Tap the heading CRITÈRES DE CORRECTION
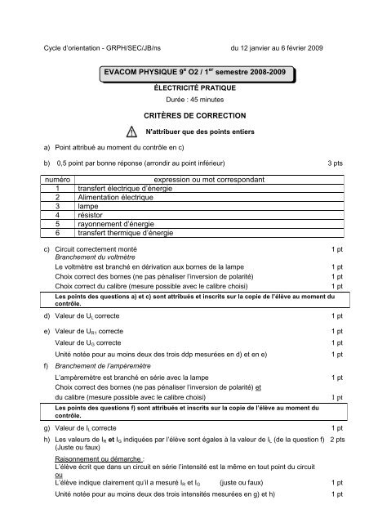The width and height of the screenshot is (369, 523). point(184,116)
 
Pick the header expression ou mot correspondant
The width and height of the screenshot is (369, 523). point(210,177)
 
